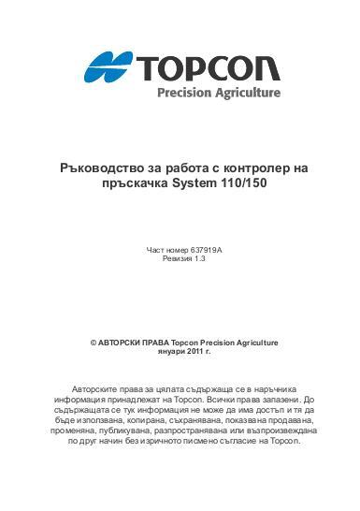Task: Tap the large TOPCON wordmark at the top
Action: click(x=209, y=66)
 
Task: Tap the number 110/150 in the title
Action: click(x=237, y=184)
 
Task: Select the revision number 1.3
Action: click(x=198, y=261)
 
